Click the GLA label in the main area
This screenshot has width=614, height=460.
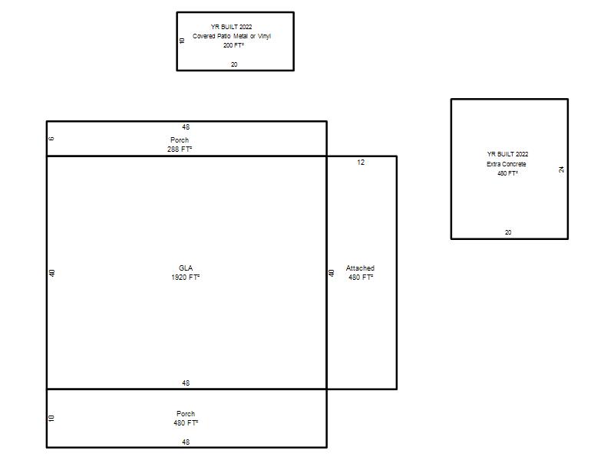[x=186, y=268]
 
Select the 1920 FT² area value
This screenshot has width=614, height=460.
[x=186, y=278]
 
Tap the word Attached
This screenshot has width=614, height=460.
[x=360, y=268]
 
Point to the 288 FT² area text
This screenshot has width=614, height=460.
[x=180, y=149]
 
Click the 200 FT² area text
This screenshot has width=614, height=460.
[x=234, y=45]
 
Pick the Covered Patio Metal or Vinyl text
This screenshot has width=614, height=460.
[x=232, y=36]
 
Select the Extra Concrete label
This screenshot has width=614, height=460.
[x=507, y=164]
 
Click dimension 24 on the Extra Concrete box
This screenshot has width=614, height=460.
[x=562, y=169]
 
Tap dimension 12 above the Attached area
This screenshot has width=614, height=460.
[x=361, y=162]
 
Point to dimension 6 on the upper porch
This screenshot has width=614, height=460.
[x=51, y=139]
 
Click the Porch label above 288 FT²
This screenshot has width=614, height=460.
[x=180, y=140]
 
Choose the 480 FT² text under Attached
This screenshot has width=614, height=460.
[x=361, y=278]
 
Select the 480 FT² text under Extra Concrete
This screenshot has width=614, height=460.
[x=508, y=173]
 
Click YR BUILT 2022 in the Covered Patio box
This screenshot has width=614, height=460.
[x=232, y=27]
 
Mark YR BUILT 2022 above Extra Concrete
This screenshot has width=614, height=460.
[x=508, y=154]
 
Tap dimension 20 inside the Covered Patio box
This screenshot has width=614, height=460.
[x=234, y=64]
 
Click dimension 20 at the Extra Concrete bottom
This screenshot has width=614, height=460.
[x=508, y=232]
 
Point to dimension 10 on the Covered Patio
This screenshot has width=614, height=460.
[x=181, y=41]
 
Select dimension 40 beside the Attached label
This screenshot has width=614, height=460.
[x=332, y=273]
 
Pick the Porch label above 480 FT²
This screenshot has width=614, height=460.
[x=186, y=413]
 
